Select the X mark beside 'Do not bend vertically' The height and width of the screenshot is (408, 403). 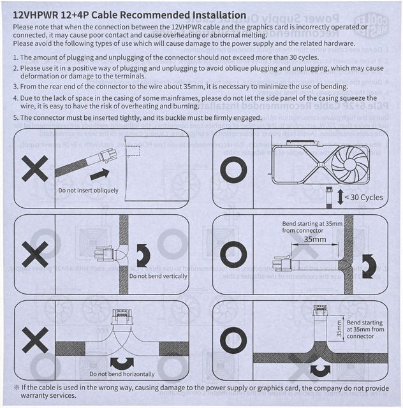point(35,254)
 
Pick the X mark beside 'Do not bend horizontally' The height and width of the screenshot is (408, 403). point(35,340)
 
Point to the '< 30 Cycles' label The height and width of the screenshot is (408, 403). point(364,197)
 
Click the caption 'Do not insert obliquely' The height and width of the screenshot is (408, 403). point(87,190)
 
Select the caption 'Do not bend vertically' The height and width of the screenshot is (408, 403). point(158,276)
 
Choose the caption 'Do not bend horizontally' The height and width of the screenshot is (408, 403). point(122,374)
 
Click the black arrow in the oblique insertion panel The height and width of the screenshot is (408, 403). point(99,173)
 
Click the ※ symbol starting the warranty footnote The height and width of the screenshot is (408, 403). point(17,386)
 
